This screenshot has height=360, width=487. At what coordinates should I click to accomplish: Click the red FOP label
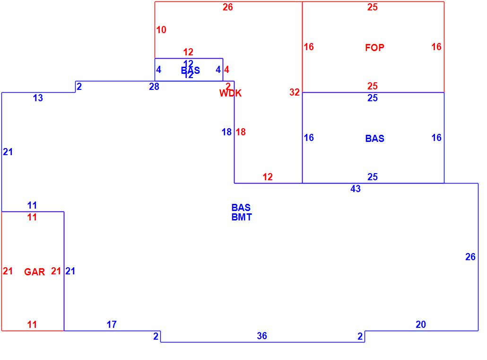(x=374, y=47)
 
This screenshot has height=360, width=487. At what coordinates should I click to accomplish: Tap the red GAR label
(x=35, y=272)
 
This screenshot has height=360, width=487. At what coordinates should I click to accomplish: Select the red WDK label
(x=230, y=93)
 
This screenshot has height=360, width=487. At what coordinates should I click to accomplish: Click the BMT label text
(x=242, y=217)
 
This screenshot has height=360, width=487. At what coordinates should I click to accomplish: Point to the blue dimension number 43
(x=356, y=189)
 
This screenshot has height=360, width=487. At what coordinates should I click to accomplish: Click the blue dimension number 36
(x=262, y=336)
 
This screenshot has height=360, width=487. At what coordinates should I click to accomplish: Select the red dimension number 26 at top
(x=228, y=7)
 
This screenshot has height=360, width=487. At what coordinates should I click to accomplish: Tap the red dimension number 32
(x=295, y=92)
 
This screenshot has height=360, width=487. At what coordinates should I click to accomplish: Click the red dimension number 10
(x=161, y=30)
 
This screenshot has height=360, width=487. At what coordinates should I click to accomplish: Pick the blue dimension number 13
(x=38, y=98)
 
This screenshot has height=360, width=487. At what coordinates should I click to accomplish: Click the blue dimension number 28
(x=154, y=87)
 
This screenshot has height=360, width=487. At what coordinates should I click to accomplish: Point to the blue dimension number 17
(x=112, y=325)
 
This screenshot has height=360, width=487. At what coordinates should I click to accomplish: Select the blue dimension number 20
(x=421, y=325)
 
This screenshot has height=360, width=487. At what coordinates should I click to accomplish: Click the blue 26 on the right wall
(x=470, y=257)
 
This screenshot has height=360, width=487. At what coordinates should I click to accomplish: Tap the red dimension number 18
(x=241, y=132)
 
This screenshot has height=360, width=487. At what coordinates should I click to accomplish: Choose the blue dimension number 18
(x=227, y=132)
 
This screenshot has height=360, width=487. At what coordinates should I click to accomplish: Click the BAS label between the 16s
(x=374, y=139)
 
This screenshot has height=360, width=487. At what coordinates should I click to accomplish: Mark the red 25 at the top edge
(x=373, y=7)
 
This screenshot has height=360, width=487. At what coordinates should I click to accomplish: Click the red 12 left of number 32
(x=268, y=177)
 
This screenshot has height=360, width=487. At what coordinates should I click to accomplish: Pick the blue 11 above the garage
(x=32, y=205)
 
